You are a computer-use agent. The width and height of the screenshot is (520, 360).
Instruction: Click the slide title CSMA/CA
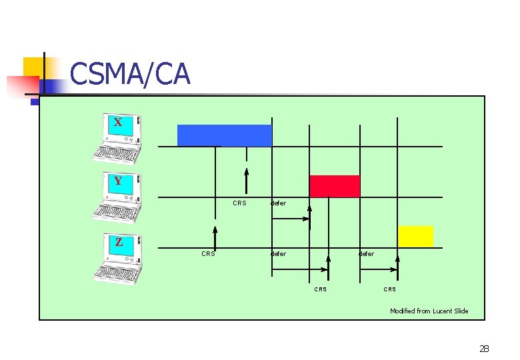[129, 74]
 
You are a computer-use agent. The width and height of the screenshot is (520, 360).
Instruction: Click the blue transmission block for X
[224, 135]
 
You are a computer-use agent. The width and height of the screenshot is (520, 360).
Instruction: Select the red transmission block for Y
[334, 186]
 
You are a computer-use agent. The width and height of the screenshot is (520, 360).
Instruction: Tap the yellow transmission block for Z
[415, 236]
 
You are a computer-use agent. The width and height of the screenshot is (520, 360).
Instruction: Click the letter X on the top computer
[118, 123]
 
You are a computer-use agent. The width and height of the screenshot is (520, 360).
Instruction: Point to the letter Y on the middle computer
[118, 181]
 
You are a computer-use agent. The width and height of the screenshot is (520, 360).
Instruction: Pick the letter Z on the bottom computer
[119, 242]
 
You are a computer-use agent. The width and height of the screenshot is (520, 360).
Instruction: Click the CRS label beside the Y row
[239, 203]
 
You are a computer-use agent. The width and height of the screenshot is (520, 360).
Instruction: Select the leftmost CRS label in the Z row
[208, 253]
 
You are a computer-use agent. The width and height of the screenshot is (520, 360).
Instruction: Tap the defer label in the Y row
[278, 203]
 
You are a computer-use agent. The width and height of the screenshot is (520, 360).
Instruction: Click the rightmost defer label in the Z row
[366, 253]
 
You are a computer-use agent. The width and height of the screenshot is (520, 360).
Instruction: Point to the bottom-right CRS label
[390, 289]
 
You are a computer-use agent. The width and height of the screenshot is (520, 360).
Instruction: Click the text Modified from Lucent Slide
[429, 311]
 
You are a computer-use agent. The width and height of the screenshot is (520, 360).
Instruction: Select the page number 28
[484, 348]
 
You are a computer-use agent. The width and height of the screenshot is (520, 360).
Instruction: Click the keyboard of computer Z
[117, 273]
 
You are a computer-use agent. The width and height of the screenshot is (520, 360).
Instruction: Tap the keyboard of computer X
[116, 154]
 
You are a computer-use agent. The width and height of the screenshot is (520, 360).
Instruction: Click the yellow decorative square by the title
[35, 67]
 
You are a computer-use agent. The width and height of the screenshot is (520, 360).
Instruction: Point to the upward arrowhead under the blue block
[246, 172]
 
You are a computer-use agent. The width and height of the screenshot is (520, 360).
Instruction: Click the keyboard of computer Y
[117, 212]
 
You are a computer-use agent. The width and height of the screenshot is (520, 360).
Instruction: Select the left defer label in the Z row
[278, 253]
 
